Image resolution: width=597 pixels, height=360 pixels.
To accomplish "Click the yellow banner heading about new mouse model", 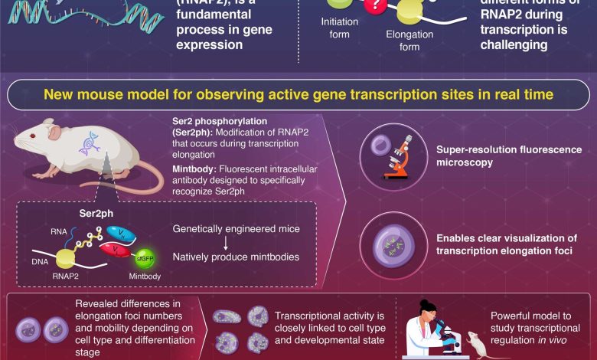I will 298,96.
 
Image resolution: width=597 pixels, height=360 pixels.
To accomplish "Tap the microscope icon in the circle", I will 393,155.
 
